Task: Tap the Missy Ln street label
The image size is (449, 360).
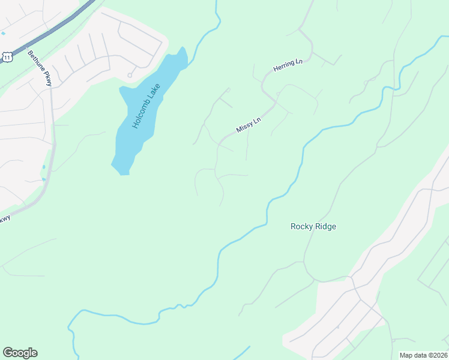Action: click(249, 124)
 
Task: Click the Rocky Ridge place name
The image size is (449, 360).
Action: click(313, 226)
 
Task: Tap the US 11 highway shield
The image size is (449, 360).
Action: click(7, 56)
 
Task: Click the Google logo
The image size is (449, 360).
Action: click(20, 353)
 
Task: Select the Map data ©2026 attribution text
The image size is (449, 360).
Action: click(423, 355)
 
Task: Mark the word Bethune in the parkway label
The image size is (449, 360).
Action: click(35, 60)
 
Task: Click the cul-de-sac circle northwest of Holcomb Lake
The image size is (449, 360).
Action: click(130, 76)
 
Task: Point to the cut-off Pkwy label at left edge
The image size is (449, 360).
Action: click(4, 219)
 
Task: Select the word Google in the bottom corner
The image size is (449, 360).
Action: click(20, 353)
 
